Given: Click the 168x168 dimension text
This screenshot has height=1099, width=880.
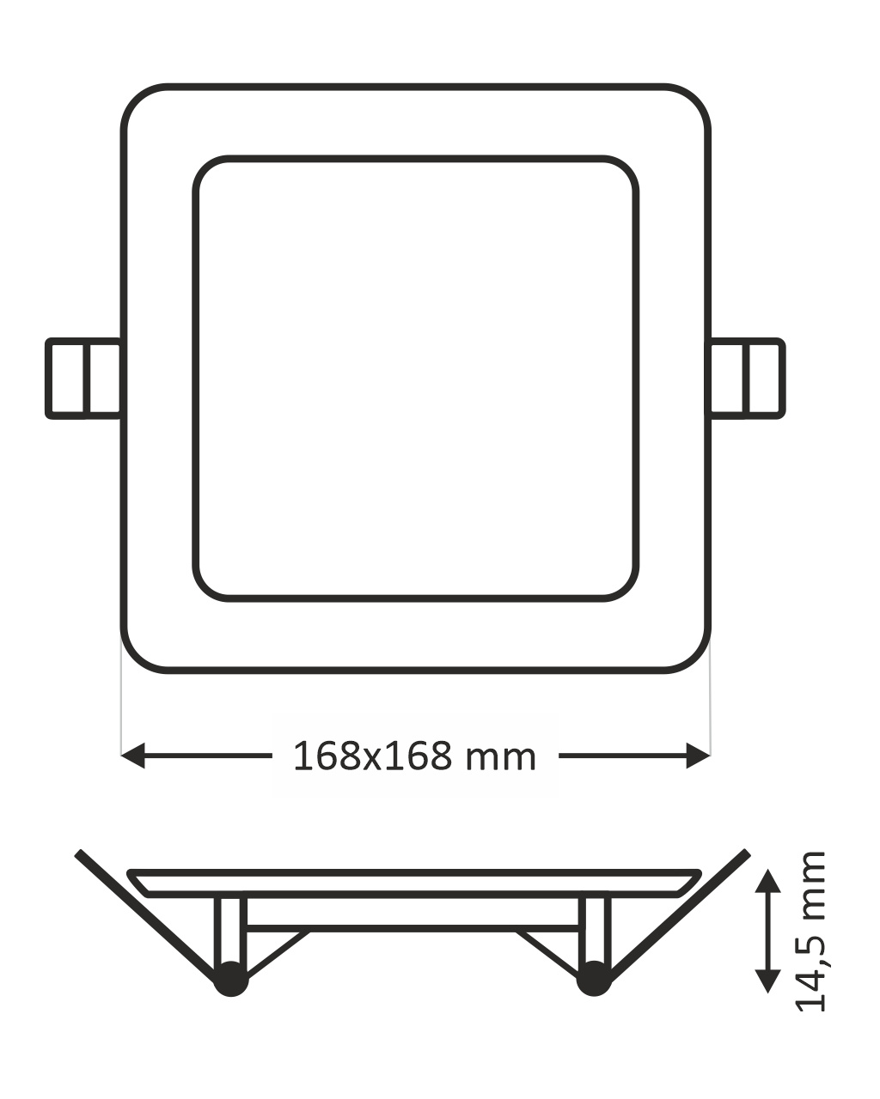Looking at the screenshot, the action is pos(373,756).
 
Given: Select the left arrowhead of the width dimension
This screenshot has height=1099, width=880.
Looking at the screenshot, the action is pos(133,756).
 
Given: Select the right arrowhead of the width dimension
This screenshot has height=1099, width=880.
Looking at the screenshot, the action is pos(699,756).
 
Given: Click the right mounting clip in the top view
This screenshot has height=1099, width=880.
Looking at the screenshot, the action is pos(747,379).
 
